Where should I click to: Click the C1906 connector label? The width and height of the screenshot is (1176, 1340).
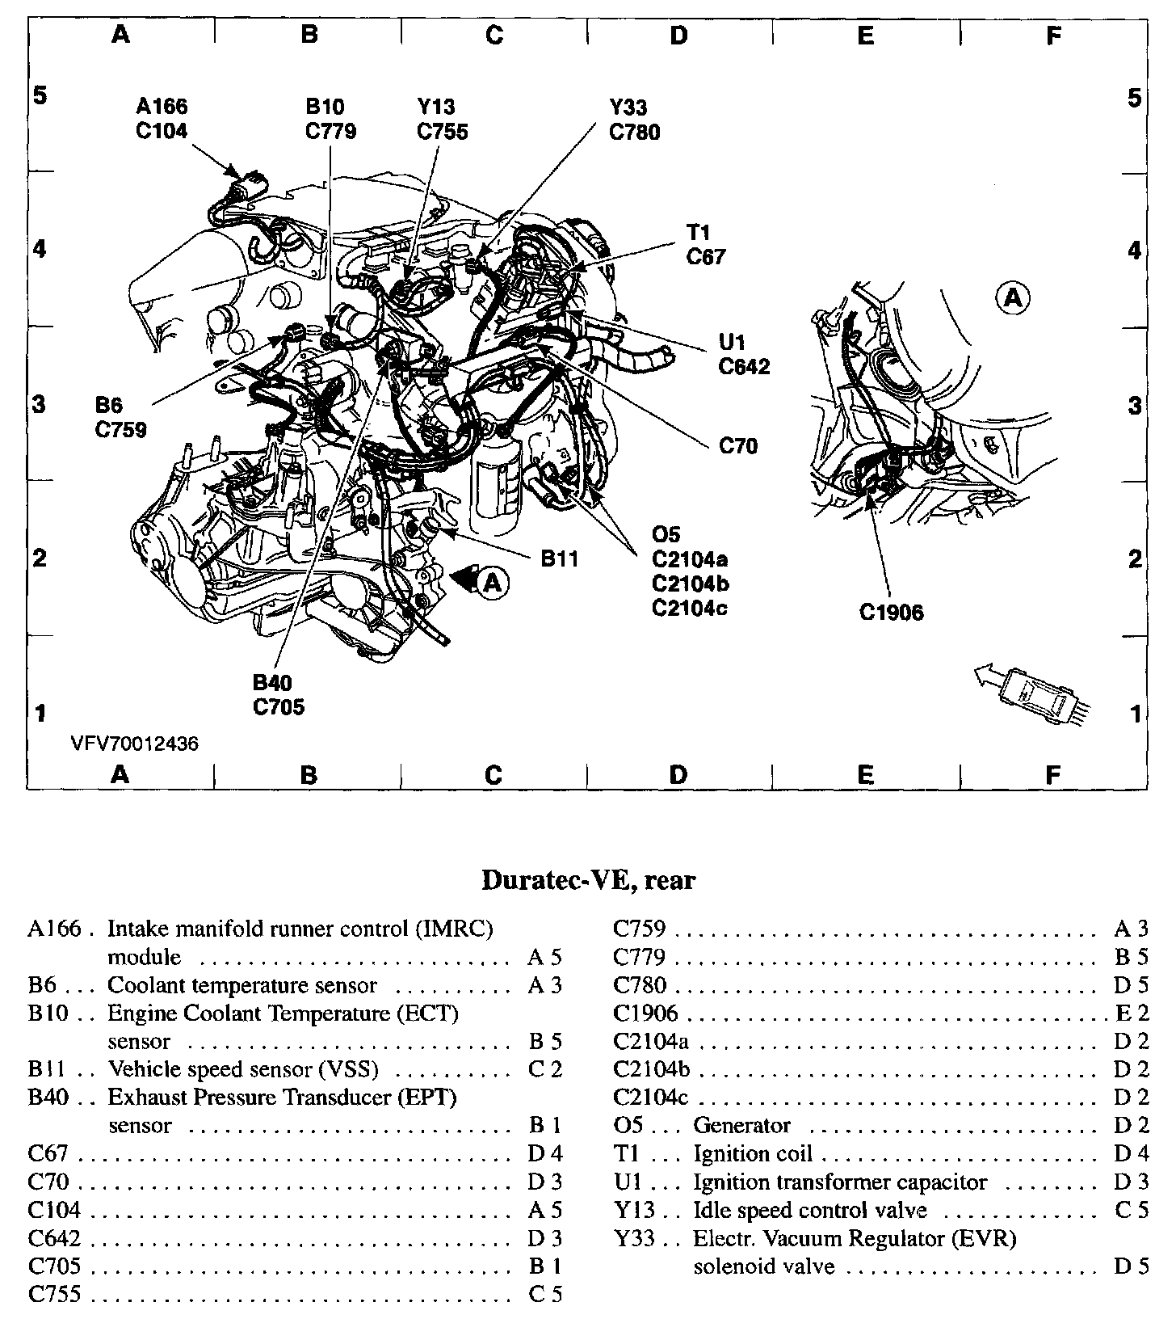[891, 613]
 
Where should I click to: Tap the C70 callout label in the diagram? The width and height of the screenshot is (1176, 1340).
[738, 446]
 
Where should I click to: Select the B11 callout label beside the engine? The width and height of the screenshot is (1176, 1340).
[559, 558]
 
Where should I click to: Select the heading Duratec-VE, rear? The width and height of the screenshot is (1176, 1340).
[588, 880]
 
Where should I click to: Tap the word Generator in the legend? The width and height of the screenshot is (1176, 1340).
[741, 1125]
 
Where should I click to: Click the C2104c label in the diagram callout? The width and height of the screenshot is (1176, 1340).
[690, 607]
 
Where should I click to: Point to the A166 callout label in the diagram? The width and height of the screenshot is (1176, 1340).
[162, 106]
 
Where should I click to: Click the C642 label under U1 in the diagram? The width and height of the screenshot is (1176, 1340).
[744, 366]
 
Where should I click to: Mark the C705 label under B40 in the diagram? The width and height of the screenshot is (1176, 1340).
[279, 707]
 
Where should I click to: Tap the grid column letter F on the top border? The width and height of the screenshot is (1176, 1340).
[1052, 35]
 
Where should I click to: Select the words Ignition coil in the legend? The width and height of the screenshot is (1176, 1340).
[753, 1153]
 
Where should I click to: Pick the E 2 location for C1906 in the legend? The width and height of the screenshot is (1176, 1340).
[1131, 1013]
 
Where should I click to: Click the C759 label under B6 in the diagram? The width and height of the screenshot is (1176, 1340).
[121, 429]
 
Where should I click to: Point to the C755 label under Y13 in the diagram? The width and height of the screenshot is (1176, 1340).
[443, 132]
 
